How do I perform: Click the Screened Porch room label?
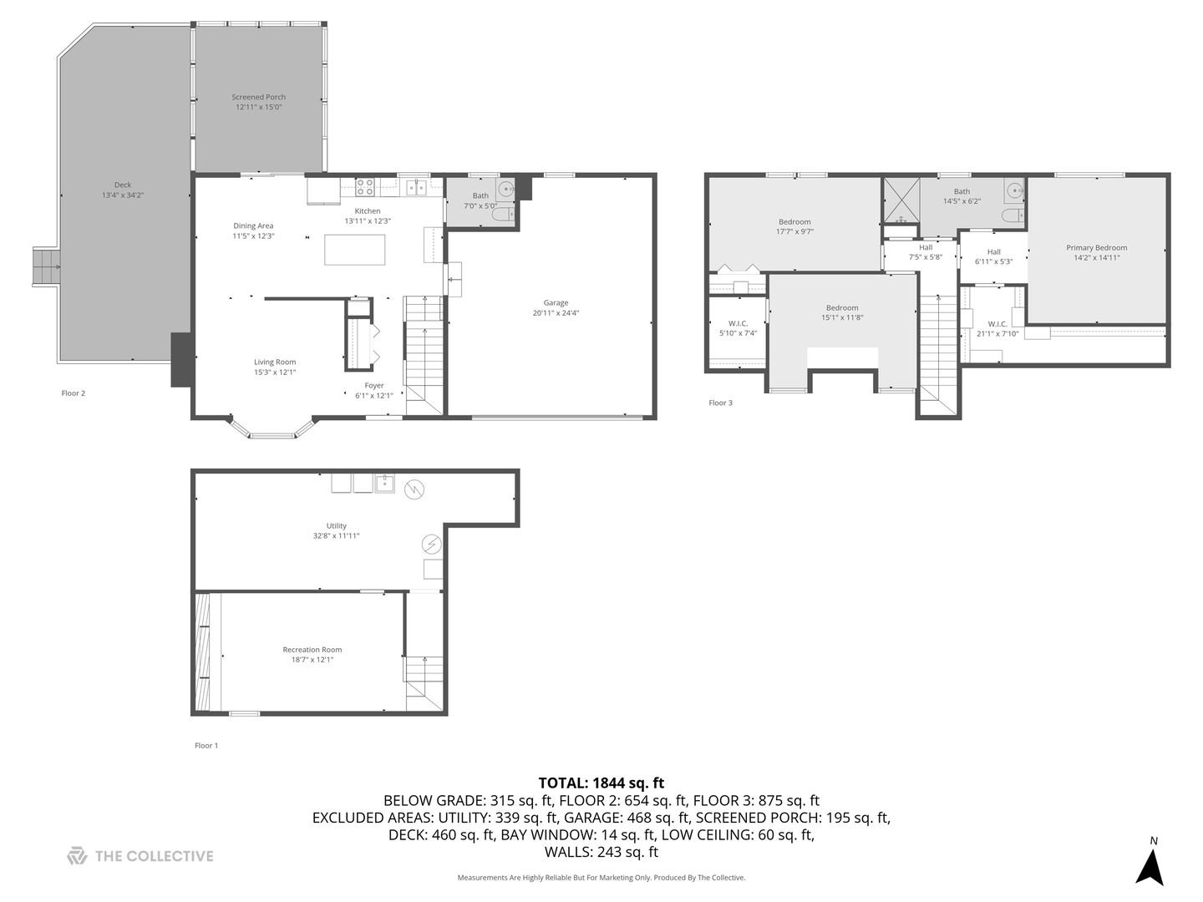coord(258,97)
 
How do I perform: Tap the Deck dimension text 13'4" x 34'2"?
coord(123,195)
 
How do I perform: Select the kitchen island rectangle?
coord(355,250)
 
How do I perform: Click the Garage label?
coord(556,303)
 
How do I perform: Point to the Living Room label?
coord(275,362)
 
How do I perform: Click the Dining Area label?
coord(253,225)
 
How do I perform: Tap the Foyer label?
coord(374,386)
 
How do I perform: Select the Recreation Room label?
coord(312,650)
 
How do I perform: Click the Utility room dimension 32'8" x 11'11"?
coord(336,536)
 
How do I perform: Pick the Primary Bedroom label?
coord(1096,247)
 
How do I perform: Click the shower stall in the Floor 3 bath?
coord(901,200)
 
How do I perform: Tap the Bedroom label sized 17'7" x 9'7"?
coord(794,222)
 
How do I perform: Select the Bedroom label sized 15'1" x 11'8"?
coord(842,308)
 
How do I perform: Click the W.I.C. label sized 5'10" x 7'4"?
coord(738,323)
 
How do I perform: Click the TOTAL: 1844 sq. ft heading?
coord(601,783)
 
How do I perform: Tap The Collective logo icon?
coord(77,856)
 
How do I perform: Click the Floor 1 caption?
coord(206,746)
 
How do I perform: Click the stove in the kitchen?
coord(365,187)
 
